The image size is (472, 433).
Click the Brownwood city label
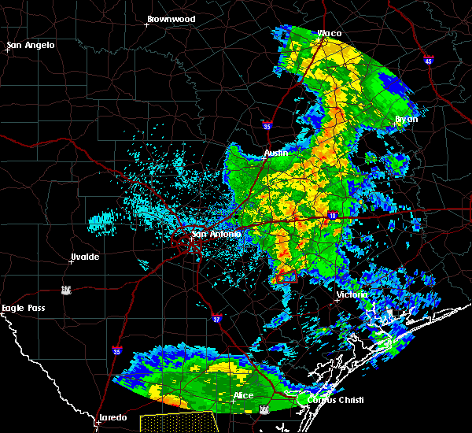171,17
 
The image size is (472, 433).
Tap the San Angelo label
31,45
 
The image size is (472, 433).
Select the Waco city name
329,33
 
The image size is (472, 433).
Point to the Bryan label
407,119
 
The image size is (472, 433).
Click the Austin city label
275,153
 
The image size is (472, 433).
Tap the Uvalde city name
83,257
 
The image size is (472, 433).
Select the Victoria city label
351,294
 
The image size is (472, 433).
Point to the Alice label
243,395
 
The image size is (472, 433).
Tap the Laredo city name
114,418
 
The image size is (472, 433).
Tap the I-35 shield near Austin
267,124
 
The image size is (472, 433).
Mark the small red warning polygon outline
287,277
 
